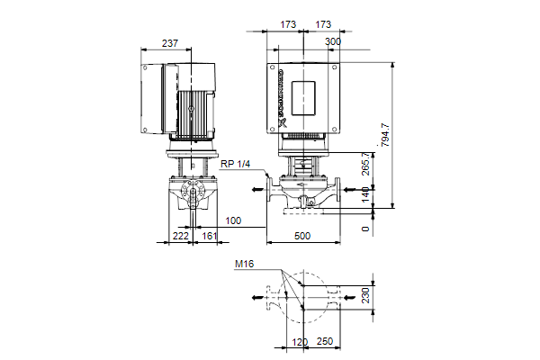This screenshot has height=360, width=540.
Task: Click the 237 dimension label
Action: point(170,43)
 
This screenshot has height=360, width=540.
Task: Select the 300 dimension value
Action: point(333,41)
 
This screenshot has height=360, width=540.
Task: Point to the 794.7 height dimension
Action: point(385,135)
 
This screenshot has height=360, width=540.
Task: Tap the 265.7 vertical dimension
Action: point(365,164)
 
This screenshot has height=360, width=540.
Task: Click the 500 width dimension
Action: point(302,236)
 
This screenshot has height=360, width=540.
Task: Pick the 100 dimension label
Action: point(233,220)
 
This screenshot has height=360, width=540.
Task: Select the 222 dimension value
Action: point(181,236)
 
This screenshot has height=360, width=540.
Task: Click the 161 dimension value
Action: point(209,236)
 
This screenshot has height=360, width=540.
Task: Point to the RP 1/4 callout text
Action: point(235,164)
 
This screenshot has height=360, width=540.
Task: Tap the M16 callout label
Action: point(244,265)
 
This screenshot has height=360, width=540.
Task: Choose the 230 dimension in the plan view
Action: point(365,295)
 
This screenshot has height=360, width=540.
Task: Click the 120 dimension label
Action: point(300,342)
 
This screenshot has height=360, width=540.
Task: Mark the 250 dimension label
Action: point(325,341)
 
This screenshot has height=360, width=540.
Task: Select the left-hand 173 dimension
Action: point(288,24)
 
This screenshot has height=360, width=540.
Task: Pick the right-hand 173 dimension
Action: point(323,24)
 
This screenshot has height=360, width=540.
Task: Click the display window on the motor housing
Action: point(303,98)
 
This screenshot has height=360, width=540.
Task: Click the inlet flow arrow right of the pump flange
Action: point(350,189)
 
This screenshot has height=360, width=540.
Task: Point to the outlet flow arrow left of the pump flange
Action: point(257,189)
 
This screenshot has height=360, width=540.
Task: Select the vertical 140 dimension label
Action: point(365,194)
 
